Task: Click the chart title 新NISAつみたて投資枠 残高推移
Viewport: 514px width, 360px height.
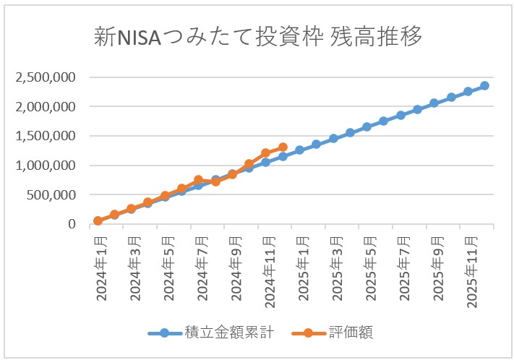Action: (x=257, y=37)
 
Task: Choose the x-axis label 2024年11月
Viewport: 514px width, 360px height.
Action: (x=267, y=267)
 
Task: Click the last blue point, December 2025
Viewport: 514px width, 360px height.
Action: (x=484, y=85)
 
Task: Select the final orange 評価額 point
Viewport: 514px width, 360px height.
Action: (x=283, y=147)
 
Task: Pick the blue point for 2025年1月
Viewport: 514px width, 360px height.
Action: (x=299, y=150)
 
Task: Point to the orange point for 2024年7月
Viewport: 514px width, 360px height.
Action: (x=198, y=180)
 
